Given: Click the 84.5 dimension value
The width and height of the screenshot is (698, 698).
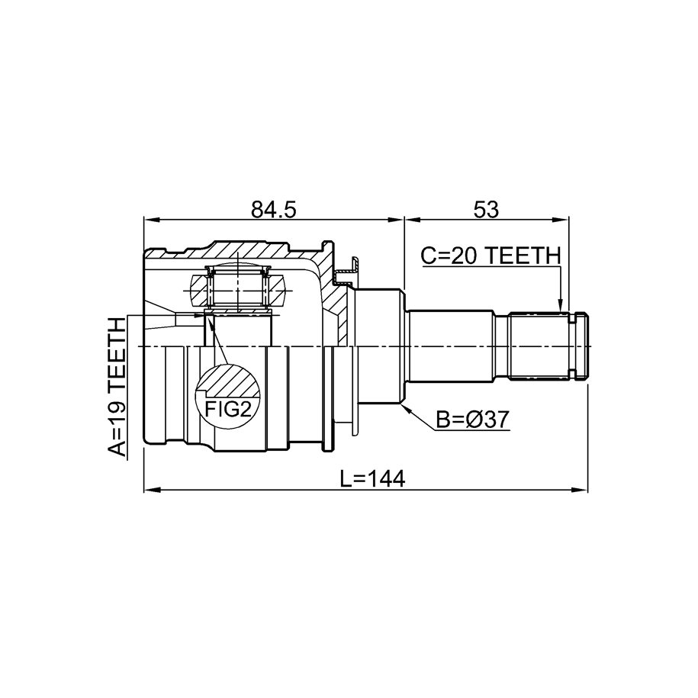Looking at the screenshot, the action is pos(274,210).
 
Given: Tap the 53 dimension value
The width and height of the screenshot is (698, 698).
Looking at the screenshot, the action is pos(486,210).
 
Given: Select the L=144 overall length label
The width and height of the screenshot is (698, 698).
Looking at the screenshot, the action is pos(372,479).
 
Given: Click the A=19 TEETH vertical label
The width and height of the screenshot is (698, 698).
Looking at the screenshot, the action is pos(117,388).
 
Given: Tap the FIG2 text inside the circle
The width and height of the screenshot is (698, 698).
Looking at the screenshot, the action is pos(229,408).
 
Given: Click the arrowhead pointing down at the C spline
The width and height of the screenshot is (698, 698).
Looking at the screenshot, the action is pos(561,305).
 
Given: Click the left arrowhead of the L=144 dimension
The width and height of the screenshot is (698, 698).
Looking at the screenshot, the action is pos(151,490).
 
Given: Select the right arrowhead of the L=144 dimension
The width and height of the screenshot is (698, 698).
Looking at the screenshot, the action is pos(580,490).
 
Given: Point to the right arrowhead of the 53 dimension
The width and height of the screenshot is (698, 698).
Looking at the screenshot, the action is pos(561,220).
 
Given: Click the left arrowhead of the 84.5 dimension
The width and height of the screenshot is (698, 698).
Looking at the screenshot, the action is pos(151,220).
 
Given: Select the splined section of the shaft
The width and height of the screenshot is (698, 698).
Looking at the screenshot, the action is pos(539,346).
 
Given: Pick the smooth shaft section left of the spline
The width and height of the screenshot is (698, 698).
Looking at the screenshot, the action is pos(450,346).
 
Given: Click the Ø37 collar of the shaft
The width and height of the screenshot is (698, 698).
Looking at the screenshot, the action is pos(379,346).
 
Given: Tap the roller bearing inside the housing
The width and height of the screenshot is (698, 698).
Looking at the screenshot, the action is pos(238,289).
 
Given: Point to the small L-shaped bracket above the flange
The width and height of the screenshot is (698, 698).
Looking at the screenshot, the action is pos(350,271).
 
